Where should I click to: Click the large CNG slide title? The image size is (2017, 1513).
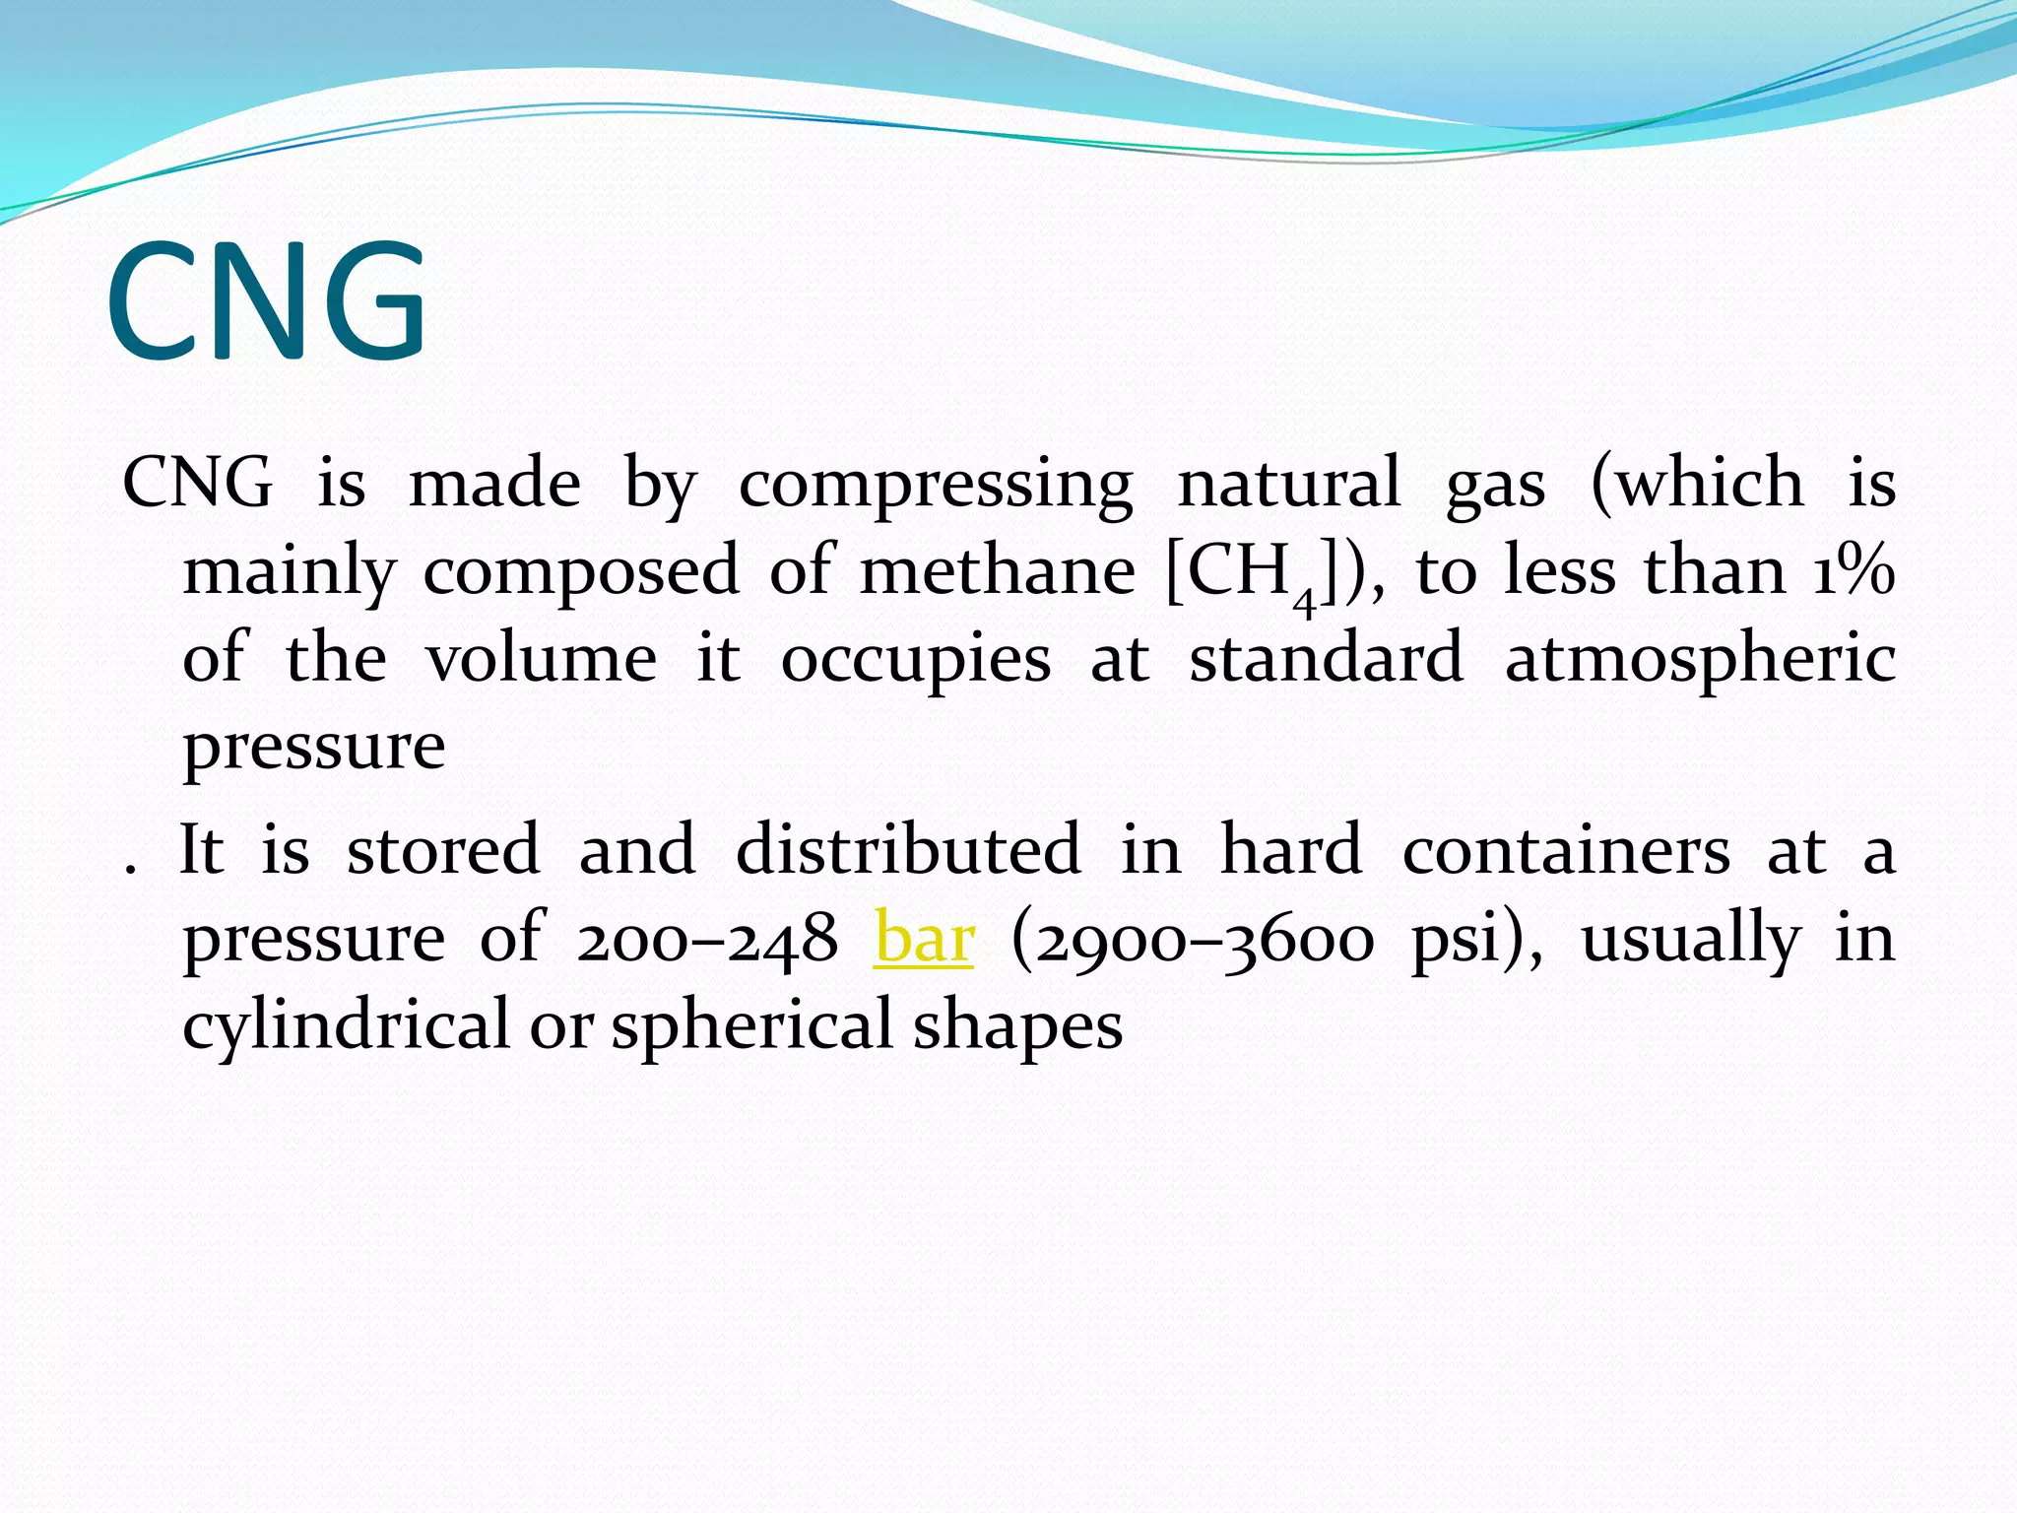pos(267,301)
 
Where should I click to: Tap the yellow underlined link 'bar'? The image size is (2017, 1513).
pos(923,939)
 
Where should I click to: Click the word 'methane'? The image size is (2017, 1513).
pos(997,571)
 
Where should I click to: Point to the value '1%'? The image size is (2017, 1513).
pos(1854,571)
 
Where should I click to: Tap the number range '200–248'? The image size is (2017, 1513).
pos(707,939)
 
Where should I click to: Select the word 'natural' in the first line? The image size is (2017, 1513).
pos(1288,485)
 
